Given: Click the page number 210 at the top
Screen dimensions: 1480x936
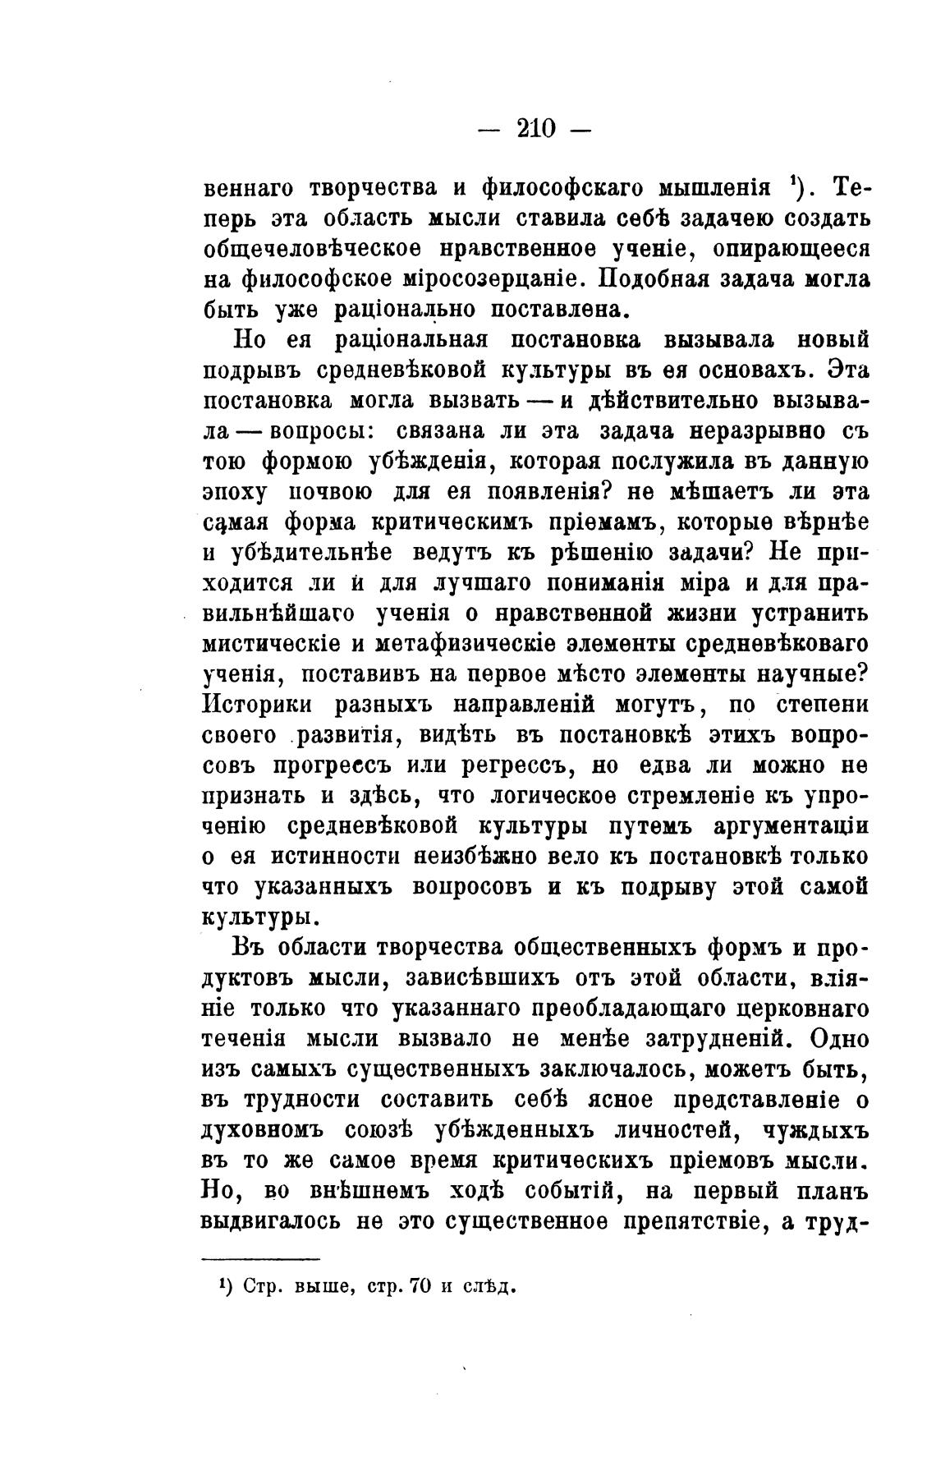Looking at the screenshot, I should coord(536,128).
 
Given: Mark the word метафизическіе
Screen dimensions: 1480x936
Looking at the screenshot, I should coord(492,644).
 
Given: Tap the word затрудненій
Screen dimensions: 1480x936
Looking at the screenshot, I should coord(719,1038).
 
